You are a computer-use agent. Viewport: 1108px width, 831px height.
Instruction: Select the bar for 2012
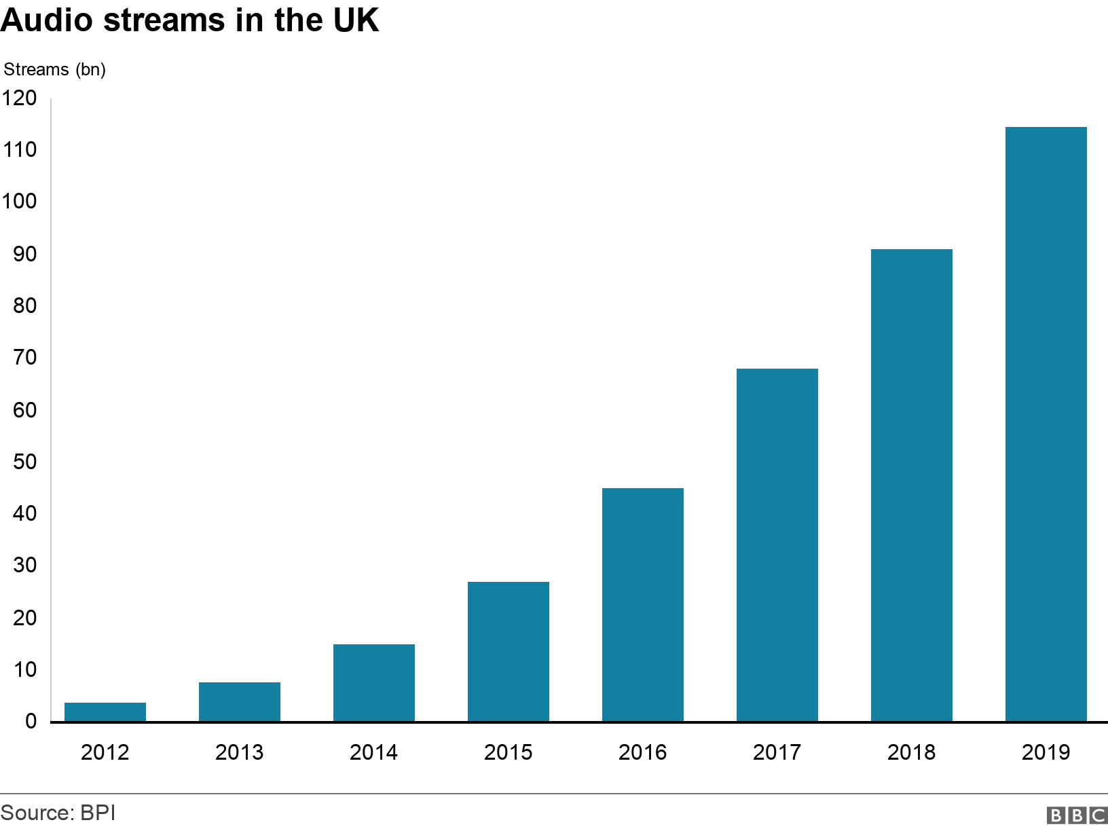click(105, 712)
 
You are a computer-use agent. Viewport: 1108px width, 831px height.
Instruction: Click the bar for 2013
click(240, 701)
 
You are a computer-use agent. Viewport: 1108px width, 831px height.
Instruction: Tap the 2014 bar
click(374, 682)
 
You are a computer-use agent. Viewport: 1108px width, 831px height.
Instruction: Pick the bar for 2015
click(509, 651)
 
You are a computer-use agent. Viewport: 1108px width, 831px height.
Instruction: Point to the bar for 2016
click(643, 604)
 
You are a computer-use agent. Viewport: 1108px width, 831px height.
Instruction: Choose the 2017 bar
click(777, 544)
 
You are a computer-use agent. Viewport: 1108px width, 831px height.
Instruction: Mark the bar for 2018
click(912, 485)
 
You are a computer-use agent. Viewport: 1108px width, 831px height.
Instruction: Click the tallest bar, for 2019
click(1046, 424)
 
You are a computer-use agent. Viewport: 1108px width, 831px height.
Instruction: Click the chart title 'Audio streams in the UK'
click(189, 20)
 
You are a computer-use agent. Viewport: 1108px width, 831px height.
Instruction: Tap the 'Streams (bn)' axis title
click(55, 69)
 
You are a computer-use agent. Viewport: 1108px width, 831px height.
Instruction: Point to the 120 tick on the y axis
click(19, 98)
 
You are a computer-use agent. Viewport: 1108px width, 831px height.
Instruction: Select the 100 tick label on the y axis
click(19, 202)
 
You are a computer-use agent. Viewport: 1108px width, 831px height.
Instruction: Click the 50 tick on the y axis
click(24, 462)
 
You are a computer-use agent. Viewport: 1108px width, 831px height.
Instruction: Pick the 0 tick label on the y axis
click(31, 721)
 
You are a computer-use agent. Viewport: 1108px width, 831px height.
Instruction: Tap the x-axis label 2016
click(643, 752)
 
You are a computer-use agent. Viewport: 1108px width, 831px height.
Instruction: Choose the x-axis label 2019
click(1046, 752)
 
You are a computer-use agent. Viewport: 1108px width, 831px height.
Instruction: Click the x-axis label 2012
click(105, 752)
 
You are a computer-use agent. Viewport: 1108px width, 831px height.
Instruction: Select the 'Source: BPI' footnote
click(58, 813)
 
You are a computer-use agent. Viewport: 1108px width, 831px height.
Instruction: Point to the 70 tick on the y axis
click(24, 357)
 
